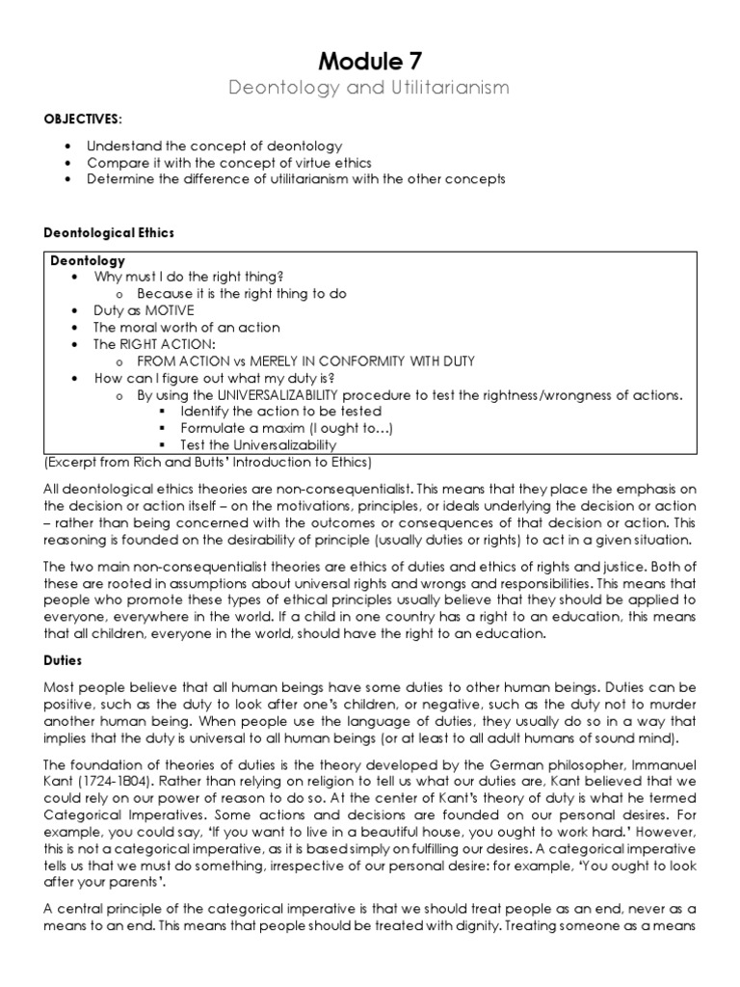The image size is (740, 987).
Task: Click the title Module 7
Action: pyautogui.click(x=369, y=61)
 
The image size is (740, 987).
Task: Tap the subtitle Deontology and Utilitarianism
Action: pyautogui.click(x=369, y=89)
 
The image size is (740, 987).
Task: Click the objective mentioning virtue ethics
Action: pyautogui.click(x=228, y=163)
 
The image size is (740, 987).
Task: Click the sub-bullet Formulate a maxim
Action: pyautogui.click(x=286, y=428)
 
